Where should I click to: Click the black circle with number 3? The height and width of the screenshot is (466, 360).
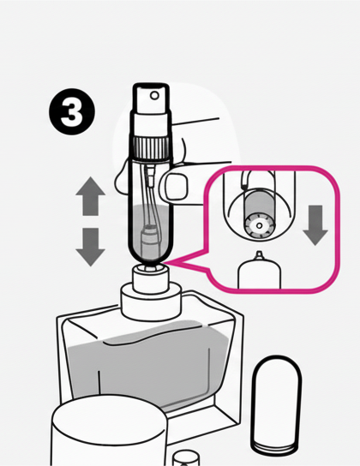[x=72, y=112]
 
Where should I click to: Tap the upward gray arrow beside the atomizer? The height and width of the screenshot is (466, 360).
[x=90, y=196]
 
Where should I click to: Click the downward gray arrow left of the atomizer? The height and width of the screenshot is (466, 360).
[x=90, y=247]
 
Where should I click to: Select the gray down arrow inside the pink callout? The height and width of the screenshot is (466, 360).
[x=315, y=225]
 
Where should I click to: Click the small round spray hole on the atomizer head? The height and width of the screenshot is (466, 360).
[x=154, y=95]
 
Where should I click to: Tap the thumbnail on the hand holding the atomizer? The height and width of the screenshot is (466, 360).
[x=176, y=188]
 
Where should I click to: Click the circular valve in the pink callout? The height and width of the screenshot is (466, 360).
[x=259, y=225]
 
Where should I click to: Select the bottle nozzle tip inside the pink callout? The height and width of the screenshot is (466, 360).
[x=260, y=254]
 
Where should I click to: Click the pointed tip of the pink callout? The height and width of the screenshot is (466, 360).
[x=165, y=263]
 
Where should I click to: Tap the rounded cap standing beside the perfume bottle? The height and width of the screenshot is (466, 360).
[x=276, y=404]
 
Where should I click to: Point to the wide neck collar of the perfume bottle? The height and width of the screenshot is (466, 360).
[x=151, y=300]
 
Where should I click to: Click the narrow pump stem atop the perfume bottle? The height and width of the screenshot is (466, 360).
[x=150, y=278]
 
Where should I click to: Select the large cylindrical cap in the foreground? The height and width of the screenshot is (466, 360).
[x=109, y=431]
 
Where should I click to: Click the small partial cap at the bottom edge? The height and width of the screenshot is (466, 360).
[x=187, y=458]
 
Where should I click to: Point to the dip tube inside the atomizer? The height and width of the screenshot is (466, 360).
[x=149, y=194]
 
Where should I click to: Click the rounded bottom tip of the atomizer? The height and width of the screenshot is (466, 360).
[x=150, y=262]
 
